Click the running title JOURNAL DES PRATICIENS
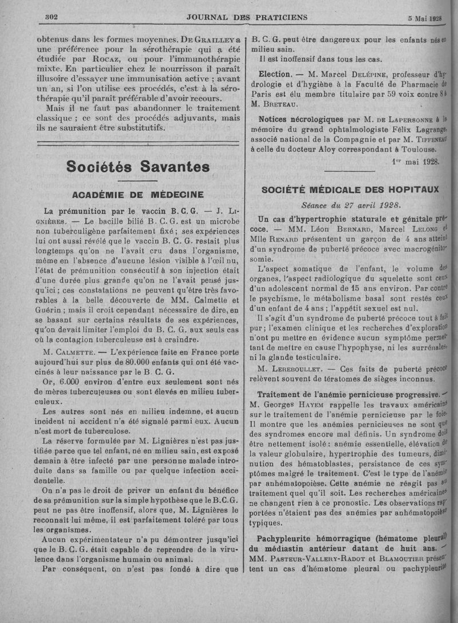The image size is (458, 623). tap(247, 17)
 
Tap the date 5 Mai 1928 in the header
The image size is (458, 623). tap(425, 18)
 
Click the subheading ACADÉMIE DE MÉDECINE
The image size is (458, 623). tap(138, 194)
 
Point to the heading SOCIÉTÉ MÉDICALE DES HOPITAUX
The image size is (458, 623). tap(350, 189)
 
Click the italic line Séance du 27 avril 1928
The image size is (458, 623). tap(351, 205)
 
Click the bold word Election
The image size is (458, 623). tap(275, 75)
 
